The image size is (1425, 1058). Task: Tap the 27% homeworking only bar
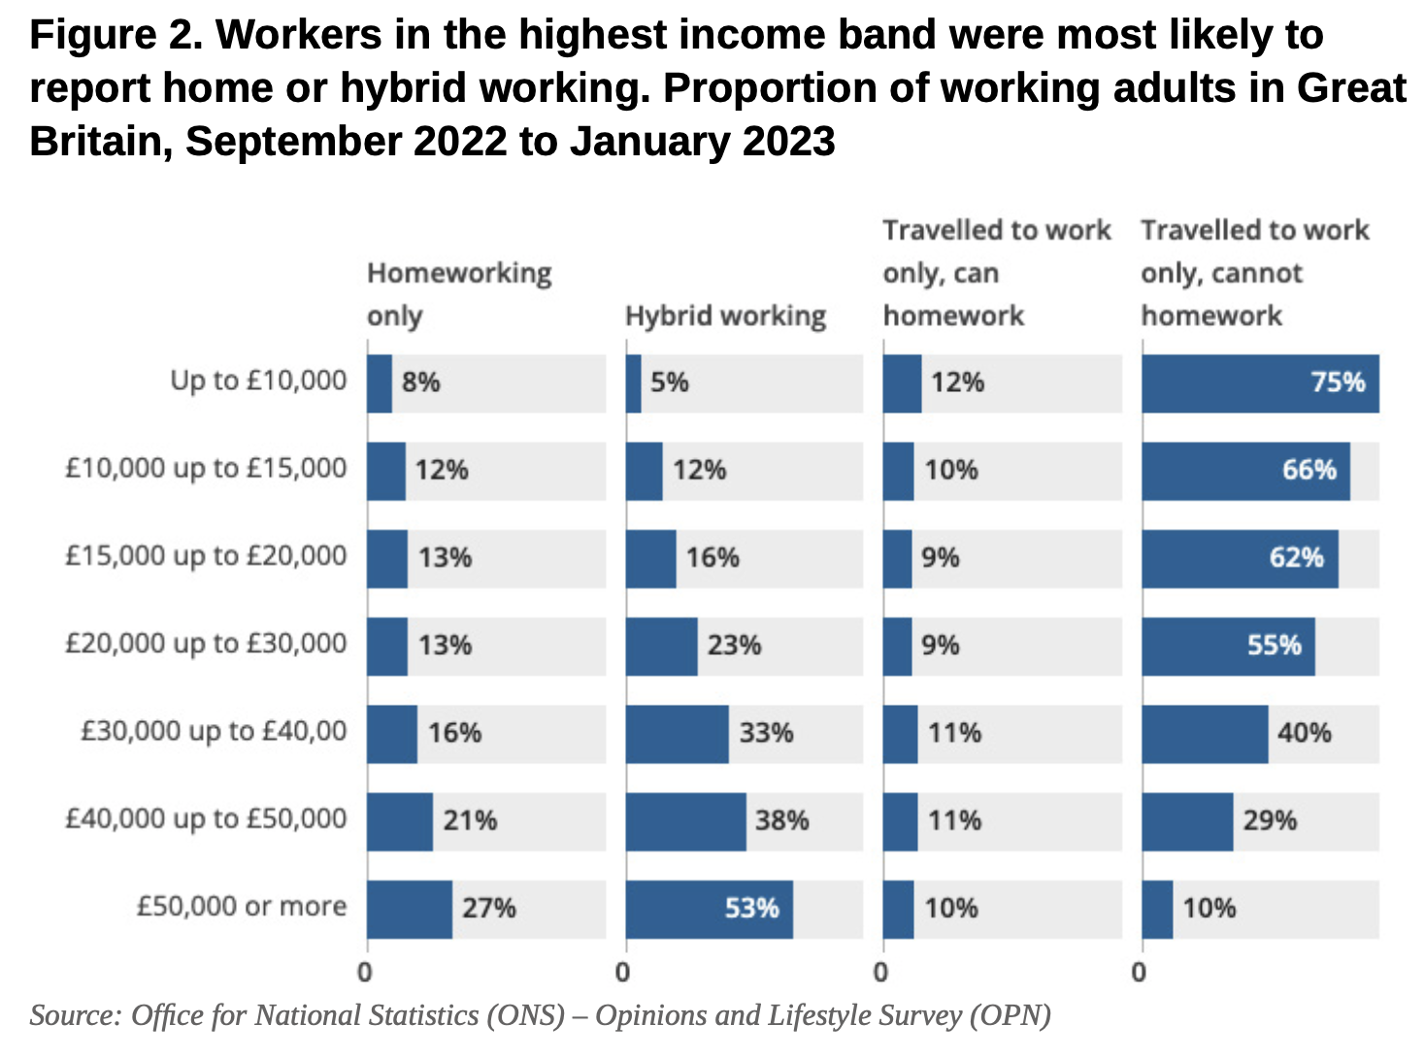[x=409, y=909]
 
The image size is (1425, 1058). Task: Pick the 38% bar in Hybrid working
[x=685, y=821]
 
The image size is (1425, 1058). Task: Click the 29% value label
[x=1270, y=821]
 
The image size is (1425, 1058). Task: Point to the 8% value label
[x=420, y=382]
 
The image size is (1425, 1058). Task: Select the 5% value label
[x=669, y=382]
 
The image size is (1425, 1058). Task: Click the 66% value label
[x=1309, y=471]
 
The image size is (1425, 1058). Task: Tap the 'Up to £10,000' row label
[x=258, y=380]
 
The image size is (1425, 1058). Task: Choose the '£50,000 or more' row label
[x=241, y=907]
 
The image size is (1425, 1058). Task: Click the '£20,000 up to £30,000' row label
[x=206, y=644]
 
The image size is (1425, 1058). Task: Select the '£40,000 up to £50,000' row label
[x=206, y=819]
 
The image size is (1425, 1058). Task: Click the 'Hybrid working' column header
[x=725, y=316]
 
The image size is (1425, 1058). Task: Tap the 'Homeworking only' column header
[x=458, y=294]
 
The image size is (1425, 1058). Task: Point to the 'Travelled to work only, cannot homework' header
[x=1254, y=273]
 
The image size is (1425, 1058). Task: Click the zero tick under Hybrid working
[x=623, y=972]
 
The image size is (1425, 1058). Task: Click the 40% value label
[x=1304, y=733]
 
